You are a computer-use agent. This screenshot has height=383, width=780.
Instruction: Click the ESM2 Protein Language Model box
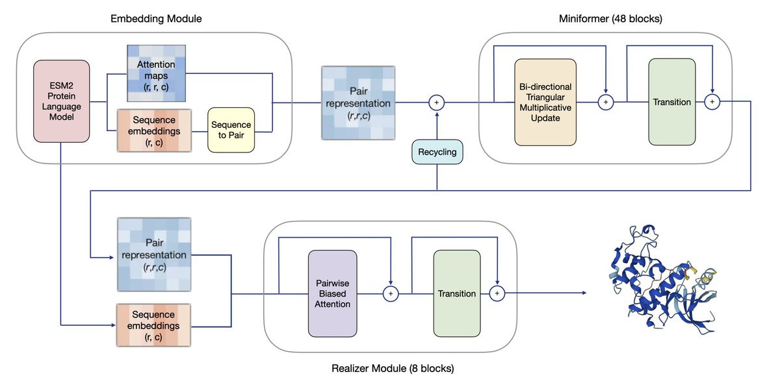pos(61,101)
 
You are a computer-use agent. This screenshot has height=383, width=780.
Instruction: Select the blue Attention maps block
pos(156,73)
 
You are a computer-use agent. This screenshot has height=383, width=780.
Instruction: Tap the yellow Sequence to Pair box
pos(230,130)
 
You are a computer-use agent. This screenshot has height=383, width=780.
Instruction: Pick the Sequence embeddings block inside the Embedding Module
pos(155,130)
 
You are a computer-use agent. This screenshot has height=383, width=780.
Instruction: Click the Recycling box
pos(437,153)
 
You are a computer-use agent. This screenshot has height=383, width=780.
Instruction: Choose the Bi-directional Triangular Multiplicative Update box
pos(545,102)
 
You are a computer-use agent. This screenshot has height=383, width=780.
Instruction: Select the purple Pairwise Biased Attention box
pos(332,293)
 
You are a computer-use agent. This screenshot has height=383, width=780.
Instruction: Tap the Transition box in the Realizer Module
pos(457,293)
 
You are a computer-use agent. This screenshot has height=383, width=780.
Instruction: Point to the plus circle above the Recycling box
pos(437,102)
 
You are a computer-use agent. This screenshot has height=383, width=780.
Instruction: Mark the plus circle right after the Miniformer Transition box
pos(712,102)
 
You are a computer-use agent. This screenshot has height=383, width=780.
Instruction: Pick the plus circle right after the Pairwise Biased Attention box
pos(391,293)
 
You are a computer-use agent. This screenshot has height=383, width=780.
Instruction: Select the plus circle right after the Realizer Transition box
pos(497,293)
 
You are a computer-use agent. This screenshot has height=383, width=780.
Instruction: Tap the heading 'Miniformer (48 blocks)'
pos(610,19)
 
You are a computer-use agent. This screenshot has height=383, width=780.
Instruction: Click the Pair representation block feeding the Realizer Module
pos(153,254)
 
